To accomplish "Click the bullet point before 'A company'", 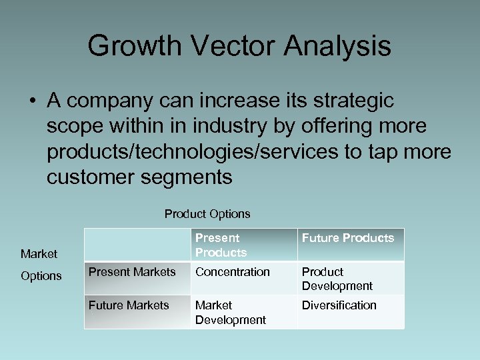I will (32, 101).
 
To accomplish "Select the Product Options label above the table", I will (207, 214).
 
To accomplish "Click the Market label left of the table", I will (39, 253).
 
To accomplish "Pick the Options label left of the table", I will (41, 276).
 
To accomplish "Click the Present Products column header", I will (221, 245).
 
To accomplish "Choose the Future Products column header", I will (348, 238).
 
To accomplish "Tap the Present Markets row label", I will (132, 271).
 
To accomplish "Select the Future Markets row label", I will (129, 305).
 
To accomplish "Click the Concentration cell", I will (232, 272).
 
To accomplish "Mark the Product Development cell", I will (337, 279).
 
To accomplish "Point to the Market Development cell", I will (230, 313).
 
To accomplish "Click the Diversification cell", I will (339, 305).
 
